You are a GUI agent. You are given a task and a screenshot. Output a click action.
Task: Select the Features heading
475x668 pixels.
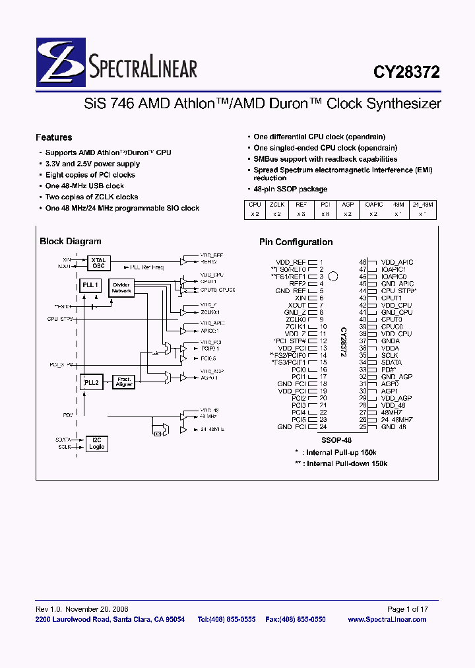click(x=54, y=137)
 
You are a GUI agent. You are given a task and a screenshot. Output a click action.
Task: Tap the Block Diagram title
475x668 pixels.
click(x=71, y=242)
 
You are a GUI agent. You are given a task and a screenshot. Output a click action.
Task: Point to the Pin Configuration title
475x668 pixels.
click(x=296, y=242)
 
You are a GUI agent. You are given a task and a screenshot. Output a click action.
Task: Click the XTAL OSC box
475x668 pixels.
click(x=98, y=262)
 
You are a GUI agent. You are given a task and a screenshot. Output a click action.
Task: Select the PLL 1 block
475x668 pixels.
click(x=90, y=285)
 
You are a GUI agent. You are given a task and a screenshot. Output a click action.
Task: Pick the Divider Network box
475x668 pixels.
click(x=122, y=287)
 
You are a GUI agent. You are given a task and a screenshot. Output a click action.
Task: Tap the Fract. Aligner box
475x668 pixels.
click(x=124, y=382)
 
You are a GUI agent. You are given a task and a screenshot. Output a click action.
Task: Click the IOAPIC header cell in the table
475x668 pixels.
click(x=373, y=205)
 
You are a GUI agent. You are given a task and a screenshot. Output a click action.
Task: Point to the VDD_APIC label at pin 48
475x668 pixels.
click(x=396, y=262)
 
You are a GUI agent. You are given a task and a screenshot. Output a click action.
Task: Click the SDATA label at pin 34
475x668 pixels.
click(x=391, y=362)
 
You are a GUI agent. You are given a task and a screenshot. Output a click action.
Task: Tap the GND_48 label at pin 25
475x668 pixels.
click(x=394, y=427)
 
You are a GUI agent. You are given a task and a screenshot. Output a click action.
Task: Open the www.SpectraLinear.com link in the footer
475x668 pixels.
click(x=387, y=619)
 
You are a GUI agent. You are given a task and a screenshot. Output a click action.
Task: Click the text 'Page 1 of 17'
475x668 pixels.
click(x=408, y=609)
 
